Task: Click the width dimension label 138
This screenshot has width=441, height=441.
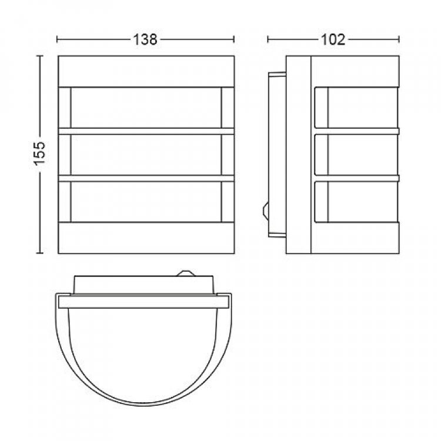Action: pos(145,39)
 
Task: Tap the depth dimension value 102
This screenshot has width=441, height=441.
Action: pos(333,39)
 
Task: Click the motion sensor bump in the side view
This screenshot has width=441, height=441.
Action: pos(265,210)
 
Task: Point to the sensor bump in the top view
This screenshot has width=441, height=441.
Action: pos(185,273)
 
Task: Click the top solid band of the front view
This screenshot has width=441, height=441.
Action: pos(146,71)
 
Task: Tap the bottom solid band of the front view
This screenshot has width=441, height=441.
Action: pos(146,238)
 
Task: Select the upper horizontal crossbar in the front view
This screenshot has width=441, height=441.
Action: pos(146,131)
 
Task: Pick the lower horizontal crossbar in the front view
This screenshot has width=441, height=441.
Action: pos(146,178)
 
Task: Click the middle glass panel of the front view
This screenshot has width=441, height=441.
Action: pos(146,155)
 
